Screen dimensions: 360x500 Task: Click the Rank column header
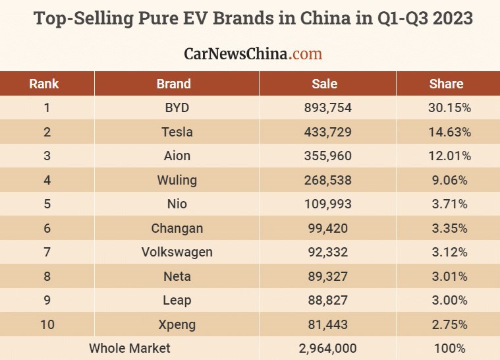click(x=44, y=84)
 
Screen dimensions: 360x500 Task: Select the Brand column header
click(x=174, y=84)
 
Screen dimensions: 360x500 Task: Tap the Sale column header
click(x=324, y=84)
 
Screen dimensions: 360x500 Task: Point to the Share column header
click(x=446, y=84)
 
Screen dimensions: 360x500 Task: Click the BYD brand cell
click(x=177, y=108)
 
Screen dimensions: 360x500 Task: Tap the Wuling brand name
click(x=177, y=180)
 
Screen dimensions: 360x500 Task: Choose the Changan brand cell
click(x=177, y=228)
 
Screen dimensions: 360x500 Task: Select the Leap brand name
click(x=177, y=300)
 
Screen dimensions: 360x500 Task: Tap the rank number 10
click(x=47, y=324)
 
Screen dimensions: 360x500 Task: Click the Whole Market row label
click(x=129, y=348)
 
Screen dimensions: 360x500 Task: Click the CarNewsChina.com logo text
click(x=252, y=53)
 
